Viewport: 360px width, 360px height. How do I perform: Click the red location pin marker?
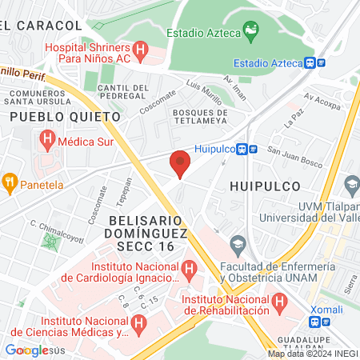181,163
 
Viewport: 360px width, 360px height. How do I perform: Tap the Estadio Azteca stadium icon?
252,32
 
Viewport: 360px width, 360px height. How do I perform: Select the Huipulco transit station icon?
252,148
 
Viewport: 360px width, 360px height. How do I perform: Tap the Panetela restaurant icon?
10,182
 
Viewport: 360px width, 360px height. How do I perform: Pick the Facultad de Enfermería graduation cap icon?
237,242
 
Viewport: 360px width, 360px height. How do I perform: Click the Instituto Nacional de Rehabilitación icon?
279,301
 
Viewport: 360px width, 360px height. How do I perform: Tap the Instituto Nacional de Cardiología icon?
190,268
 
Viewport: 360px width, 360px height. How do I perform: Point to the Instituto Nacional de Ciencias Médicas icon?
138,323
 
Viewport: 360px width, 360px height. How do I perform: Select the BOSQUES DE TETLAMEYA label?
200,117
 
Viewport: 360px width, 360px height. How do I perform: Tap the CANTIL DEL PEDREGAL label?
123,91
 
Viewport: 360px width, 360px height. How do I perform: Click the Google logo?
27,350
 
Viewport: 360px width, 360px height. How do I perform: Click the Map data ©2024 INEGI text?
312,354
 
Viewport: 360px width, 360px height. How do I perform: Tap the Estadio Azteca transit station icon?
321,62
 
